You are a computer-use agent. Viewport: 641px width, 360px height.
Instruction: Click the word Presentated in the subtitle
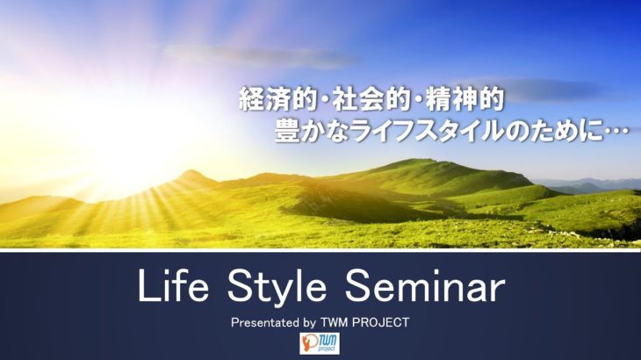point(264,323)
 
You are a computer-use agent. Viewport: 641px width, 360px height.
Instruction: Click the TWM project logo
point(320,343)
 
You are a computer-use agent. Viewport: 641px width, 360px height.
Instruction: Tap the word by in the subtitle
point(309,323)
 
